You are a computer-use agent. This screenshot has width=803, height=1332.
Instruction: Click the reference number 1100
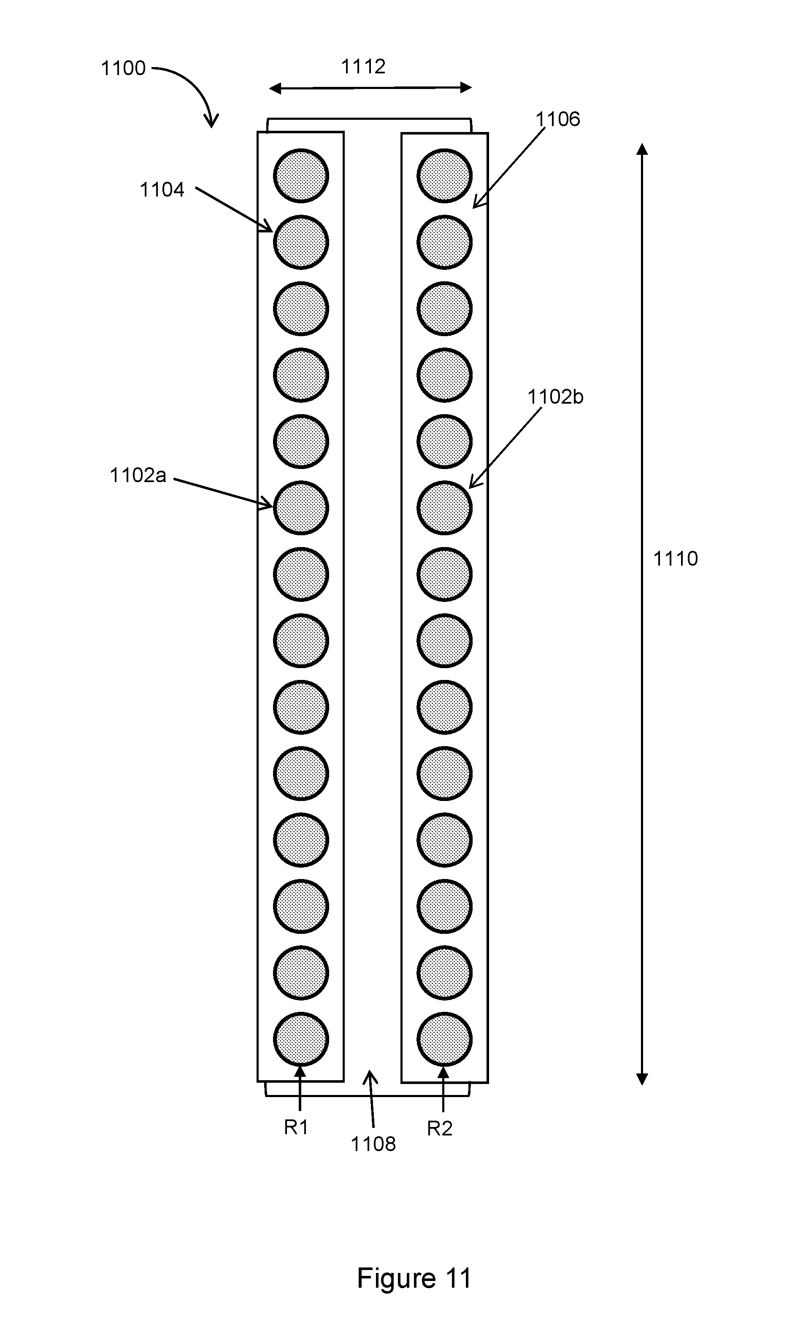123,68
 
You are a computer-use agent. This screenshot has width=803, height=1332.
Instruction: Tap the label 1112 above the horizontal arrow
363,67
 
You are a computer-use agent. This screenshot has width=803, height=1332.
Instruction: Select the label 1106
557,119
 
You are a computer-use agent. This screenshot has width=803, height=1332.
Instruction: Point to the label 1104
162,190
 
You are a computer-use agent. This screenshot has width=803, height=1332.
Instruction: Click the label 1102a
138,475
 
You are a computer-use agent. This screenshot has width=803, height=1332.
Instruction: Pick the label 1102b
555,397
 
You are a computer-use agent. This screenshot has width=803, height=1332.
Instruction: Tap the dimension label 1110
676,558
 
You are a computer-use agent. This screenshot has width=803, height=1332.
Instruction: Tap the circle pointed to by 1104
301,242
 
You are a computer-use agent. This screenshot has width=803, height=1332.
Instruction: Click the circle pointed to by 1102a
301,507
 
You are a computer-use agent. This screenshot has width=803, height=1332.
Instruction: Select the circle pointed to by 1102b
444,507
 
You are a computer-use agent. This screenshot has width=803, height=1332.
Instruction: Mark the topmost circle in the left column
301,176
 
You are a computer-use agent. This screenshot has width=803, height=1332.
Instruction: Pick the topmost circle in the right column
444,176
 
